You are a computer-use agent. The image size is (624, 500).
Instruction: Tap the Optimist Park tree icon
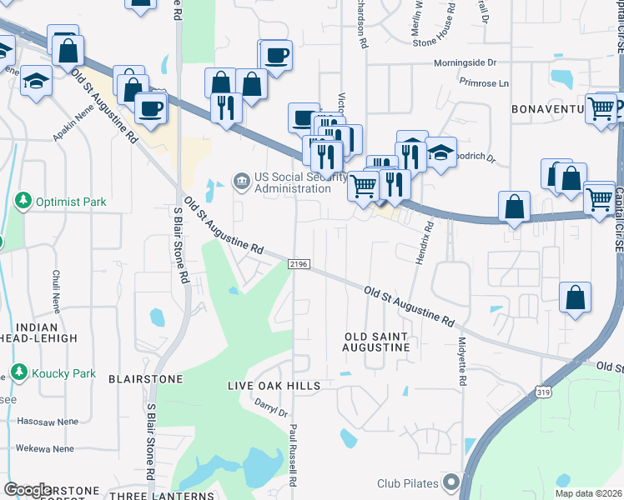tap(23, 201)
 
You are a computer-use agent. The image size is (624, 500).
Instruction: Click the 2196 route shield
tap(299, 264)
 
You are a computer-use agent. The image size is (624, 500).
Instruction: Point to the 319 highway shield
tap(543, 391)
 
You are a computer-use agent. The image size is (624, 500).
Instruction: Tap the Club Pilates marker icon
tap(451, 482)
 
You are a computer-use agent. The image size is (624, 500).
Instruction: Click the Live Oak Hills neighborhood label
tap(274, 386)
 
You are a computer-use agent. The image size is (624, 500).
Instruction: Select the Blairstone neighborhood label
tap(145, 378)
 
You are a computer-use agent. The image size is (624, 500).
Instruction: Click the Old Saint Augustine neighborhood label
tap(376, 343)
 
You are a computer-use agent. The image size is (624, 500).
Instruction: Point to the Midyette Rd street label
tap(461, 360)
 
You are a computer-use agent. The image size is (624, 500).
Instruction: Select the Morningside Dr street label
tap(465, 62)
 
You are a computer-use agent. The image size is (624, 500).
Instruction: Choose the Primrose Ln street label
tap(484, 83)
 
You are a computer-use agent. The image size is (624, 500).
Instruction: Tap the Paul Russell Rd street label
tap(294, 454)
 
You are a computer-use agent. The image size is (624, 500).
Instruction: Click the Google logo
tap(28, 490)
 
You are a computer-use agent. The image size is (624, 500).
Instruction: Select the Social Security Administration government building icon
tap(241, 179)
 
